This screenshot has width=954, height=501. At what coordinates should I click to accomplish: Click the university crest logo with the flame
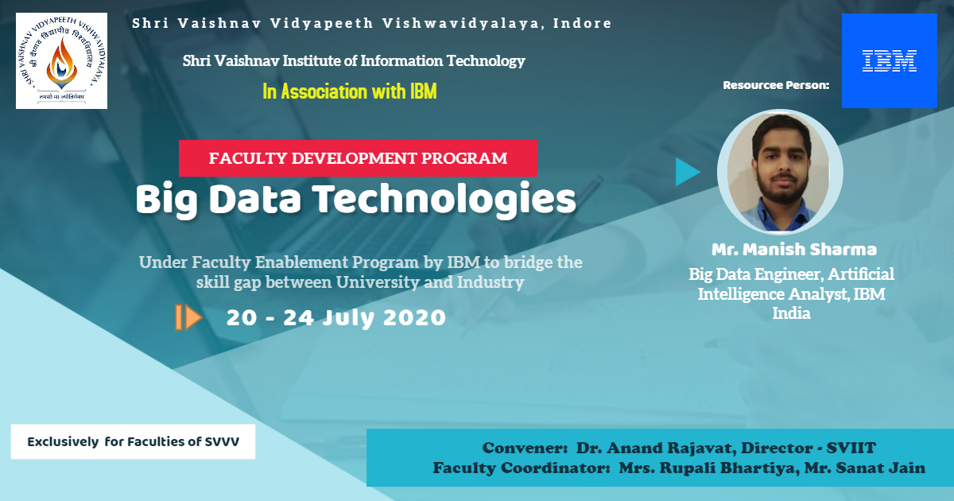coord(62,60)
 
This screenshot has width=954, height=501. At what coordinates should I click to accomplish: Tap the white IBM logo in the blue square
coord(890,60)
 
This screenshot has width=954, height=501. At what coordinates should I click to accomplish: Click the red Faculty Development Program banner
coord(358,158)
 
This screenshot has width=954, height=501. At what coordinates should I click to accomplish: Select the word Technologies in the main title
coord(444,200)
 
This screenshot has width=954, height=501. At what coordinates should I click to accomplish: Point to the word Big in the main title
coord(167,200)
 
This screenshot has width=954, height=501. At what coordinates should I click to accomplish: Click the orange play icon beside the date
coord(188,317)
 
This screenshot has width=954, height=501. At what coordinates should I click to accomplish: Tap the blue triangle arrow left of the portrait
coord(688,172)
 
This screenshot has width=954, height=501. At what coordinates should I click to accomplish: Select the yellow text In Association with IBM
coord(349,91)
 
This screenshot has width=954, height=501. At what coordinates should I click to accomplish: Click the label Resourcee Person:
coord(776,85)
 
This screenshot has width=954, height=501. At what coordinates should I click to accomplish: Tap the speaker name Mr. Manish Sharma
coord(794,249)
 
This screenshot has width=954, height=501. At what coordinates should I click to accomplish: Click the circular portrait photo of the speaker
coord(780,172)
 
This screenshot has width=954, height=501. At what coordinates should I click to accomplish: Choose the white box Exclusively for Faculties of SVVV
coord(133,441)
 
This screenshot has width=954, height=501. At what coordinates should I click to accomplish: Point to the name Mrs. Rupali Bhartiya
coord(708,468)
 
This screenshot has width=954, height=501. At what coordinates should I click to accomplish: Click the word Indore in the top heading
coord(582,23)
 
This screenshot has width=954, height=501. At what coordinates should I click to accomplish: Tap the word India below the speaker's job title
coord(791,313)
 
